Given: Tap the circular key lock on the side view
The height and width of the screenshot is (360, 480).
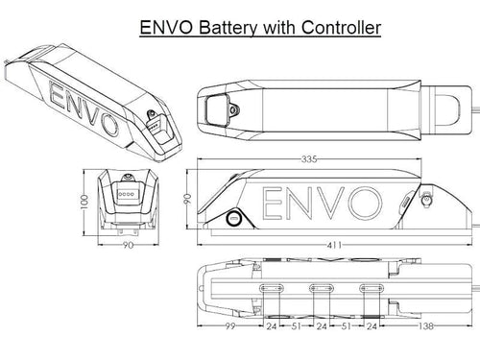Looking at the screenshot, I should tap(232, 219).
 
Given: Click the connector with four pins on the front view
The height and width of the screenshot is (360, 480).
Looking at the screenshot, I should tap(126, 193).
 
